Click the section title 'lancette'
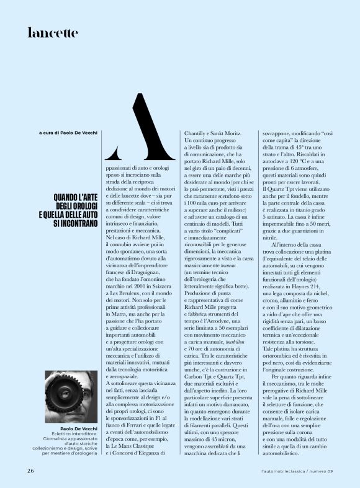pos(53,33)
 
